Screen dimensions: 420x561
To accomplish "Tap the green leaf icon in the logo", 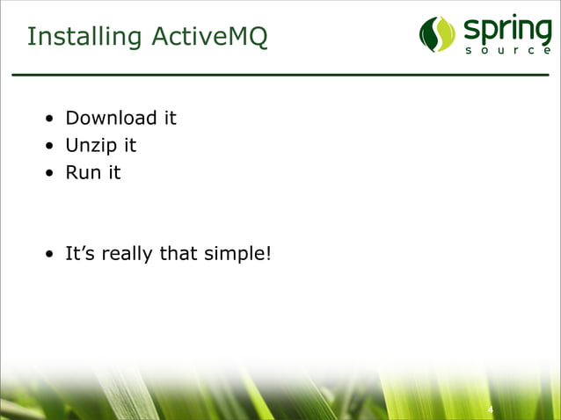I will [x=437, y=34].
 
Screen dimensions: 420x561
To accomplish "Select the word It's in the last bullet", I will [x=81, y=254].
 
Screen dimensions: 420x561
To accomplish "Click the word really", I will [x=127, y=254].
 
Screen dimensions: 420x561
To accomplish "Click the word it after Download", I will [x=168, y=118].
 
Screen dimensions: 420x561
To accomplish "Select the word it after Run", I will [x=113, y=172].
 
